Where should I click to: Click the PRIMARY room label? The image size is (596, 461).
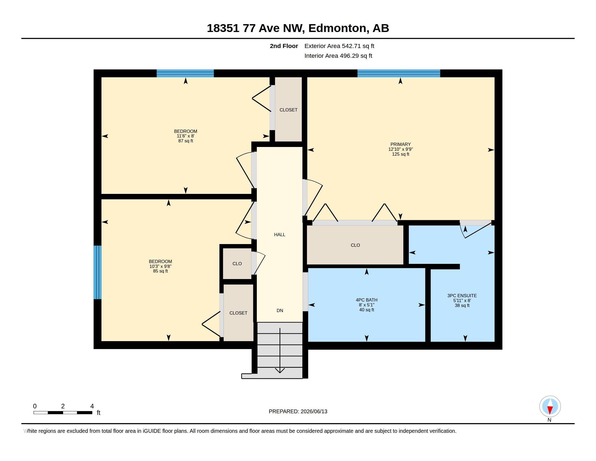pyautogui.click(x=400, y=145)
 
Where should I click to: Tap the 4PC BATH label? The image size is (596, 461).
pyautogui.click(x=367, y=300)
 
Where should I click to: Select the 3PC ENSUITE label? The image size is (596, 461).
pyautogui.click(x=462, y=296)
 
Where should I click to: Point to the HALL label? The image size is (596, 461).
pyautogui.click(x=280, y=235)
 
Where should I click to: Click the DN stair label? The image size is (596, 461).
pyautogui.click(x=280, y=310)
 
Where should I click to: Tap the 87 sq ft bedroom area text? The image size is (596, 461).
pyautogui.click(x=186, y=141)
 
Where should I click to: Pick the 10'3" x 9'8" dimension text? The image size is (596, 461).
pyautogui.click(x=160, y=266)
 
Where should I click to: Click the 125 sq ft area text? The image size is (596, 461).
pyautogui.click(x=401, y=154)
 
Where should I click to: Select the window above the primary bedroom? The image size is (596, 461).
pyautogui.click(x=399, y=73)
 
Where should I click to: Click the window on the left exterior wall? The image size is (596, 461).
pyautogui.click(x=98, y=272)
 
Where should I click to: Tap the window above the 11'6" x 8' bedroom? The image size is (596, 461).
pyautogui.click(x=185, y=73)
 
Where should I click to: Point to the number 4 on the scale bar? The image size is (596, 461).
pyautogui.click(x=92, y=406)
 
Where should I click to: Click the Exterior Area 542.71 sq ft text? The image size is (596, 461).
pyautogui.click(x=339, y=46)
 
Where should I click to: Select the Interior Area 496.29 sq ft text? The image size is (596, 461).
pyautogui.click(x=338, y=56)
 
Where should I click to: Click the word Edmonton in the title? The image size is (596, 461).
pyautogui.click(x=337, y=28)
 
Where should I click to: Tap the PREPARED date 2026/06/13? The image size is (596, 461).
pyautogui.click(x=314, y=411)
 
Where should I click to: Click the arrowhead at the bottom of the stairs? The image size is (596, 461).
pyautogui.click(x=280, y=371)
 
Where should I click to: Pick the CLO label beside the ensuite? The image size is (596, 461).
pyautogui.click(x=355, y=245)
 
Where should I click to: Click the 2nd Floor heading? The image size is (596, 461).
pyautogui.click(x=284, y=46)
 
